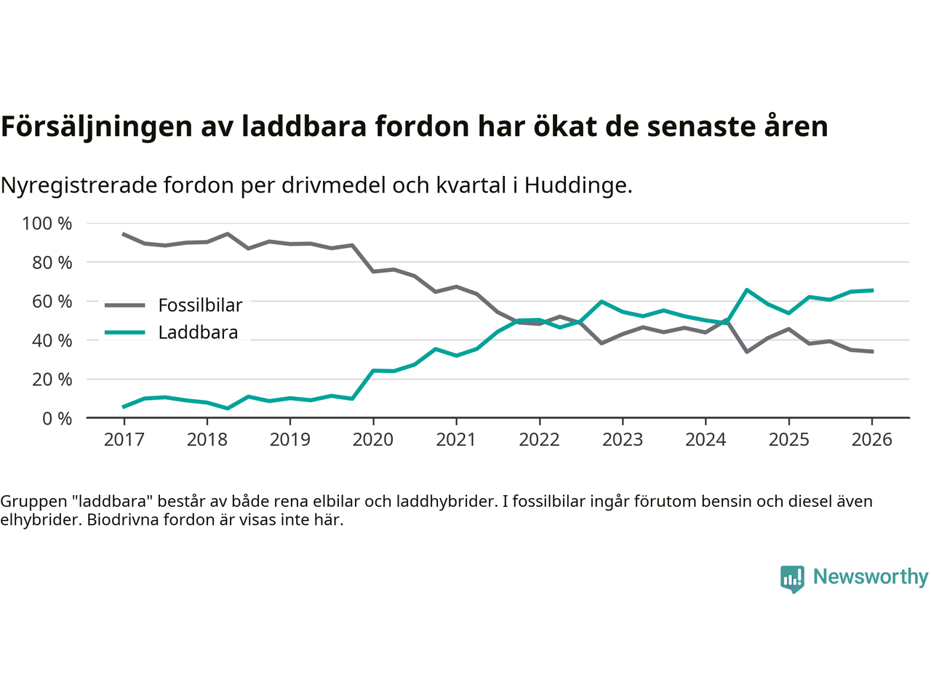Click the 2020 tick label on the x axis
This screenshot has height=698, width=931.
tap(372, 440)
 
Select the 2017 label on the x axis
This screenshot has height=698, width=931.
tap(124, 440)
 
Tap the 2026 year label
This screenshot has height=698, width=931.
tap(871, 440)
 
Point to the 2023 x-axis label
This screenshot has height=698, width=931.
tap(622, 440)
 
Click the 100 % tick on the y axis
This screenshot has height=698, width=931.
tap(47, 223)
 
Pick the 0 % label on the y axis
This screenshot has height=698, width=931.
tap(57, 418)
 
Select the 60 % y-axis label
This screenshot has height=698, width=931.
tap(52, 301)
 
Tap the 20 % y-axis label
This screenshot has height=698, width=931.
tap(52, 379)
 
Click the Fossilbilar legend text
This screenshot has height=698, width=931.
tap(200, 305)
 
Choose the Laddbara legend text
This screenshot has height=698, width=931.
tap(198, 333)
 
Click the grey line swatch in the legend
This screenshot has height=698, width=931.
tap(124, 305)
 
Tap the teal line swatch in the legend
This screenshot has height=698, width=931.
tap(124, 333)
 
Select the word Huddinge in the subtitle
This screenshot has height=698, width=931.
tap(578, 185)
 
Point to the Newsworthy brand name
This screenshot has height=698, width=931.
tap(870, 577)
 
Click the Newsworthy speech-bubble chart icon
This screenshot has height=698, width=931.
tap(792, 579)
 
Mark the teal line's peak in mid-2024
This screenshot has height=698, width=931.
tap(747, 290)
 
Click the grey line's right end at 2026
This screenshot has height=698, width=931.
tap(872, 351)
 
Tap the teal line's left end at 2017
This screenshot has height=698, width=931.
tap(124, 406)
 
